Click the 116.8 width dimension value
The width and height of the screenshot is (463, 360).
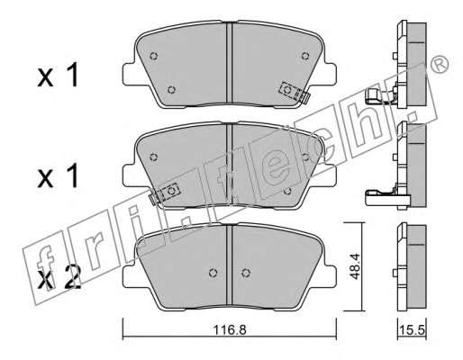tap(230, 330)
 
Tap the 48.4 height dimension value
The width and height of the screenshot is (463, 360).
tap(355, 266)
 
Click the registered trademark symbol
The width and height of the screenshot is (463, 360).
tap(440, 65)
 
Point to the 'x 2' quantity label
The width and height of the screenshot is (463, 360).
tap(59, 277)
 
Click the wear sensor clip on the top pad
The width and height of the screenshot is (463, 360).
tap(295, 92)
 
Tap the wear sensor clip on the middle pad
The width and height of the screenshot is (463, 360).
tap(164, 193)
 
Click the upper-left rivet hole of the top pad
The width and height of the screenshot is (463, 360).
tap(154, 56)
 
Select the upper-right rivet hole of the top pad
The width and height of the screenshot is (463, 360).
tap(305, 56)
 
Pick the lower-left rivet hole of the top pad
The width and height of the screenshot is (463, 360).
tap(171, 89)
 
